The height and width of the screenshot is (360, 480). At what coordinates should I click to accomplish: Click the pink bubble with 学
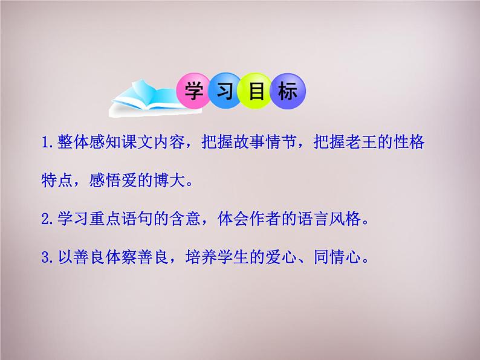coord(194,91)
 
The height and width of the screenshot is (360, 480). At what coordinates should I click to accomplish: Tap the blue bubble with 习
coord(225,91)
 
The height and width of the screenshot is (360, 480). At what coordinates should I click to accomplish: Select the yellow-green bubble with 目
coord(256,91)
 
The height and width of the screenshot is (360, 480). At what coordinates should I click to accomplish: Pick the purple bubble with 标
coord(288,91)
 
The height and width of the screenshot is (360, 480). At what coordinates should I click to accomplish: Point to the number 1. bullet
coord(48,142)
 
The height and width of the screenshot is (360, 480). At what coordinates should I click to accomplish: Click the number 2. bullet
coord(48,219)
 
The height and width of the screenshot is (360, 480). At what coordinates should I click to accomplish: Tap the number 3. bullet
coord(48,257)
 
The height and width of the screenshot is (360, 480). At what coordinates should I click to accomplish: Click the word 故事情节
coord(249,142)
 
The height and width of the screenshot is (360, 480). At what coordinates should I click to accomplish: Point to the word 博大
coord(170,180)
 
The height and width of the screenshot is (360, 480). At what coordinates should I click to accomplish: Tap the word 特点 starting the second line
coord(57,180)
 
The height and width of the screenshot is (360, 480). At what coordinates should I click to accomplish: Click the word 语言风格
coord(329,219)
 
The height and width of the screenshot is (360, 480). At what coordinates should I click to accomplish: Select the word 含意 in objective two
coord(186,219)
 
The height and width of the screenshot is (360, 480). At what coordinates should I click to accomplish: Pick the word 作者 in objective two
coord(265,219)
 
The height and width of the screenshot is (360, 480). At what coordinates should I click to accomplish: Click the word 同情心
coord(337,257)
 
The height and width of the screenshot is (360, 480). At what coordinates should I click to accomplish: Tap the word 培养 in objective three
coord(201,257)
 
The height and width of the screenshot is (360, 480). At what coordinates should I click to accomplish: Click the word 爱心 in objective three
coord(281,257)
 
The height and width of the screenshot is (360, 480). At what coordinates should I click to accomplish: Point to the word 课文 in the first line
coord(137,142)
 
